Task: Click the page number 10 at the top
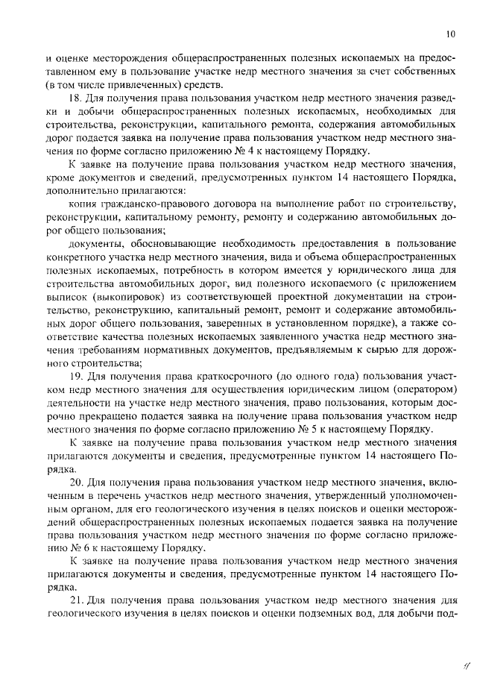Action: [450, 34]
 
